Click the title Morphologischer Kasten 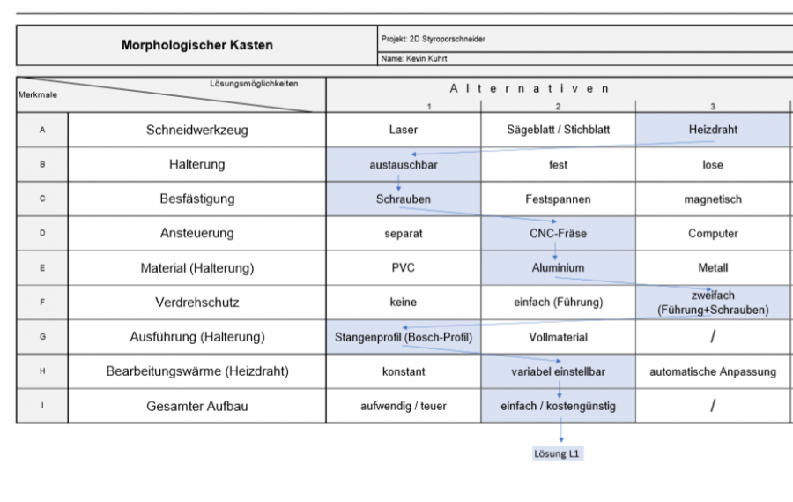196,45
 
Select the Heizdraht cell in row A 713,130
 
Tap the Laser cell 404,130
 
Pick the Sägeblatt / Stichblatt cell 558,130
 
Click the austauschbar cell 404,164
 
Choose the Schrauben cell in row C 404,199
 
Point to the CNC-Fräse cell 558,234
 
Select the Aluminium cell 558,268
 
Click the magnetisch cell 713,199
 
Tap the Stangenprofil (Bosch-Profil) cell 404,337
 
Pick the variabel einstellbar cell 558,371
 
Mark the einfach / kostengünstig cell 558,406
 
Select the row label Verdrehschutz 196,303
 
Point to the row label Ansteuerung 196,234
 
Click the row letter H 42,371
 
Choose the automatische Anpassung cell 713,371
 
